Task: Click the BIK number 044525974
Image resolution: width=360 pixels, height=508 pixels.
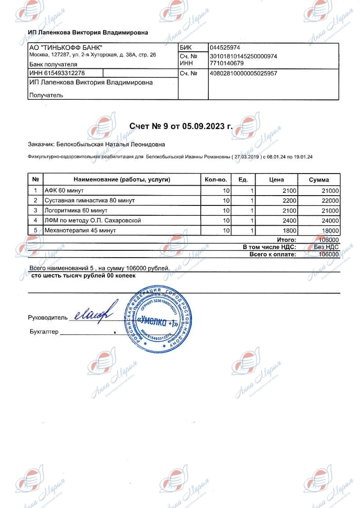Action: click(225, 48)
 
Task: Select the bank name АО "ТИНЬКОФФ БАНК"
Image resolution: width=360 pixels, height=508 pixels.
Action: click(66, 48)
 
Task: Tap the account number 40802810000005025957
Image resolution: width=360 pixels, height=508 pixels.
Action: click(243, 73)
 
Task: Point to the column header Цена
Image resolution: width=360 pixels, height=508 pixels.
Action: click(276, 180)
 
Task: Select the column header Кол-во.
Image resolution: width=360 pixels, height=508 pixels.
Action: click(216, 180)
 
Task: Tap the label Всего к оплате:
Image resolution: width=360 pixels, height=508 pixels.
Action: click(273, 254)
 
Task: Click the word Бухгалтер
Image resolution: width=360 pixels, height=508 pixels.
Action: click(44, 332)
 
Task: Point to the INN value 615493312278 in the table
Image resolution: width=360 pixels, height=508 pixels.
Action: click(57, 73)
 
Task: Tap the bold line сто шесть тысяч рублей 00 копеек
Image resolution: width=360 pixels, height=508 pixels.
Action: click(83, 276)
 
